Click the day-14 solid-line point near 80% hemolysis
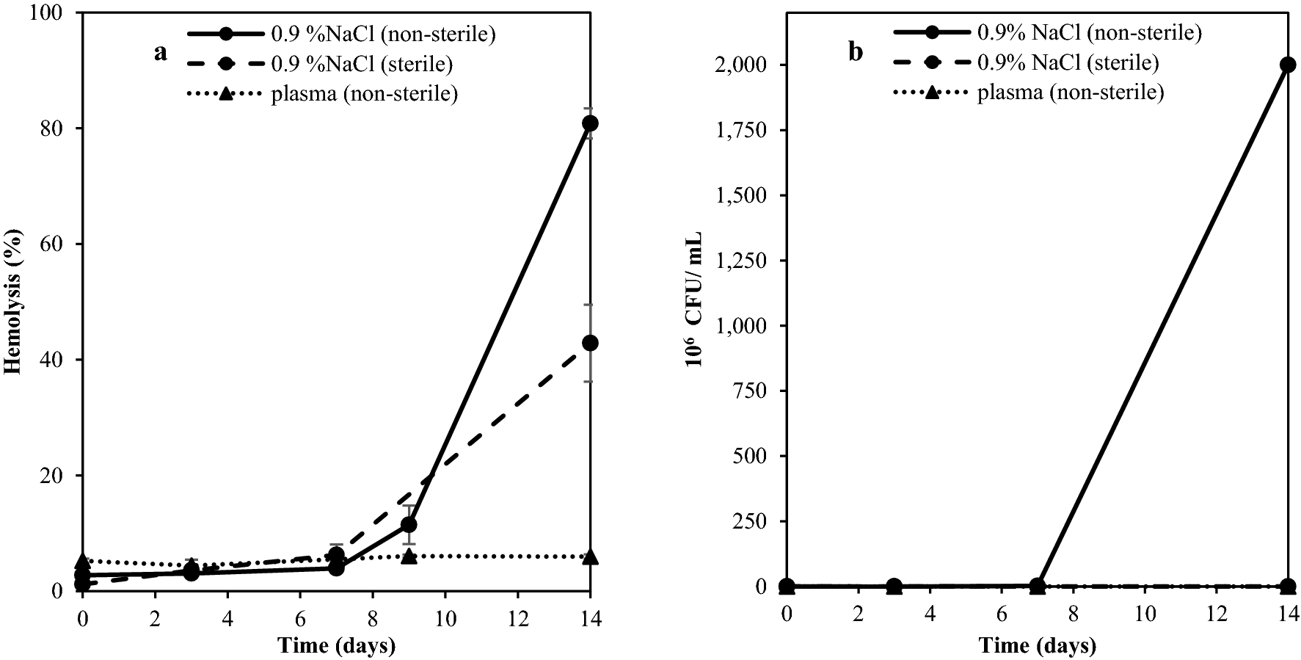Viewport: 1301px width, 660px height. coord(590,123)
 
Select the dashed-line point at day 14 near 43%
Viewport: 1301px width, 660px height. coord(590,343)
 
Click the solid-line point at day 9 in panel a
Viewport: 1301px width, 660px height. coord(409,525)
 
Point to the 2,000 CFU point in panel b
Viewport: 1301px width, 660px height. coord(1287,65)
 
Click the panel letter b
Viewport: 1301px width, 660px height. coord(856,53)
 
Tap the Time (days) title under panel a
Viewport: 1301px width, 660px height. coord(337,645)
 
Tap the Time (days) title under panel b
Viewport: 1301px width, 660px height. coord(1037,645)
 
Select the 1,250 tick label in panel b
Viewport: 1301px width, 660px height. coord(744,261)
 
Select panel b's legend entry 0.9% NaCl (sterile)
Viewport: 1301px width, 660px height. coord(1068,63)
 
